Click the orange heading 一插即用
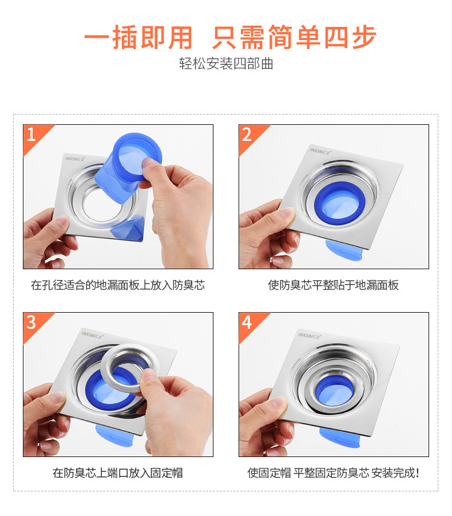[138, 37]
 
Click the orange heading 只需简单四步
[294, 37]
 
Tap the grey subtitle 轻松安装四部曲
[226, 64]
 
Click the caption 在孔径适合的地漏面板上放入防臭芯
[118, 285]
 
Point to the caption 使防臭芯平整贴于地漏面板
[334, 285]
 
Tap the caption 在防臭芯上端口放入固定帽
[118, 473]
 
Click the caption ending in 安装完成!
[334, 473]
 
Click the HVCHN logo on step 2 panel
[320, 151]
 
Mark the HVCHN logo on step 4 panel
[310, 336]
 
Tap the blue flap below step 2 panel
[343, 250]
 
